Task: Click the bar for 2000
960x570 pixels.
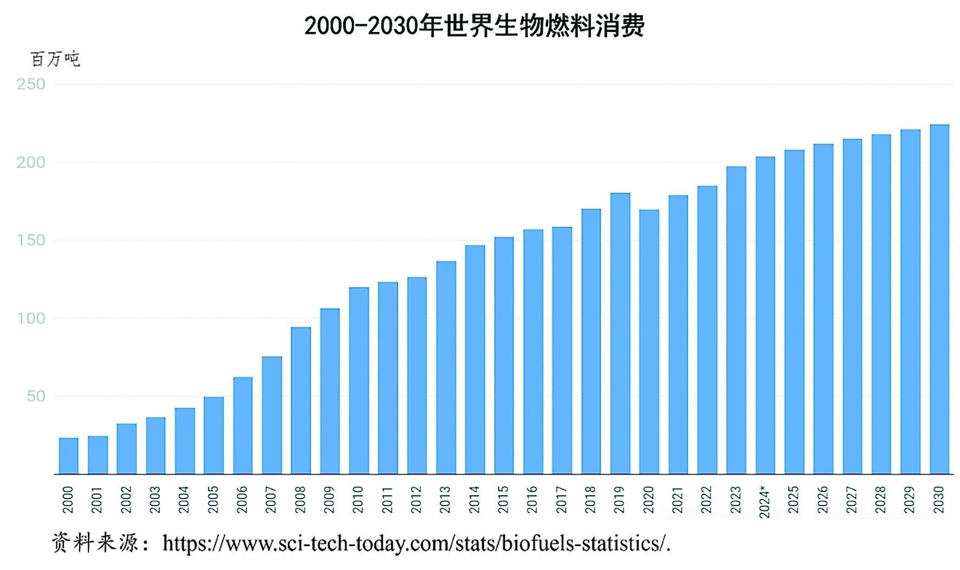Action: [x=68, y=456]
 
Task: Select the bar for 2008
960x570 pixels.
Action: [x=301, y=400]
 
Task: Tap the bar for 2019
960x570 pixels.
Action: [x=620, y=333]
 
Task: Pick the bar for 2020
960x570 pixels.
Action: [x=649, y=341]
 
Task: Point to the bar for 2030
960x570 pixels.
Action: [x=939, y=299]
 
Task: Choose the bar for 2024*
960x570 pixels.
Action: [x=765, y=315]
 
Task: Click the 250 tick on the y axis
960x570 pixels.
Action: [x=31, y=84]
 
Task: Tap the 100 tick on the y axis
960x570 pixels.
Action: [x=31, y=318]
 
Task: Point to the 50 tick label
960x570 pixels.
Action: [x=36, y=396]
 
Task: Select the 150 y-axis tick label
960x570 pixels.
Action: [x=31, y=240]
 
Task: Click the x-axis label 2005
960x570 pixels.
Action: [x=213, y=500]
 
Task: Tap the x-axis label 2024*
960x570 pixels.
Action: [x=764, y=502]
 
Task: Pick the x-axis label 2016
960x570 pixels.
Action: [x=532, y=500]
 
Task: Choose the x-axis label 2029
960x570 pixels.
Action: [x=910, y=500]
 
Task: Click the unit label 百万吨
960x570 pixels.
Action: [x=55, y=59]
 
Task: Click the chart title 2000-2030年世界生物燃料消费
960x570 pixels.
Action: [x=474, y=25]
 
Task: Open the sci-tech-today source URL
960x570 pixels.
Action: [x=416, y=543]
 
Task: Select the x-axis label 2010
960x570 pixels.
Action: [x=358, y=500]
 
